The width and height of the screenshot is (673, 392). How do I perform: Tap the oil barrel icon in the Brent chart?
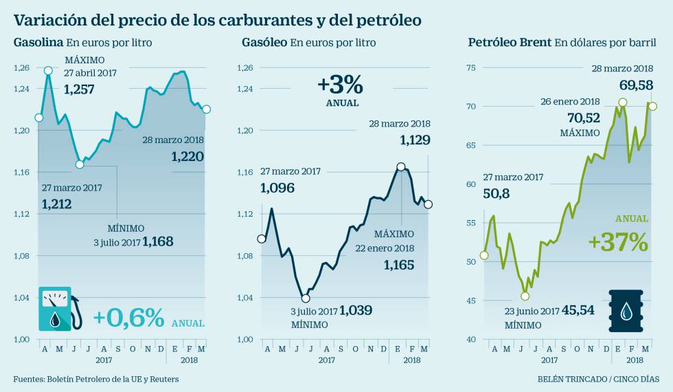tap(626, 310)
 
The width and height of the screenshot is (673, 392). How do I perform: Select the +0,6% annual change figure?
tap(128, 318)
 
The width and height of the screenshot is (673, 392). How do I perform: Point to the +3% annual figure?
tap(339, 85)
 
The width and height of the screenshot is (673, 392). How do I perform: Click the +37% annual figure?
tap(618, 242)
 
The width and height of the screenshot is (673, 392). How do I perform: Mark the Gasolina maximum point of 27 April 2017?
tap(48, 71)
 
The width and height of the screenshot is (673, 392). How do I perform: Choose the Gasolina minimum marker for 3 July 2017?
tap(80, 164)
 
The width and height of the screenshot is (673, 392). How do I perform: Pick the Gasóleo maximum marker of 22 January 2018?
tap(400, 167)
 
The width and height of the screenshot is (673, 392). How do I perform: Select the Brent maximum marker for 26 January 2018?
tap(622, 102)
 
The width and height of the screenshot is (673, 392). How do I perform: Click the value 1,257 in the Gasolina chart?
tap(79, 89)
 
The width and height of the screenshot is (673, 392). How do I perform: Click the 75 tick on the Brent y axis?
tap(470, 67)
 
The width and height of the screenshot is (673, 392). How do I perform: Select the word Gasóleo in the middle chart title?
tap(264, 43)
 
